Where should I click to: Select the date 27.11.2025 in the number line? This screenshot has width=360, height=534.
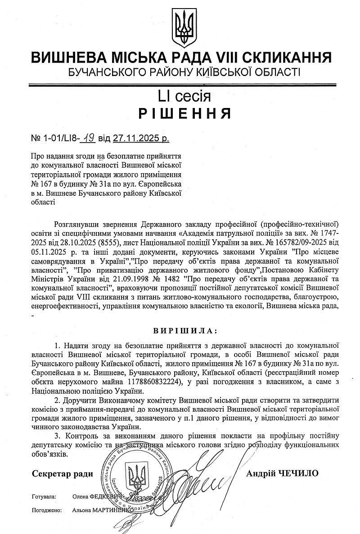click(134, 139)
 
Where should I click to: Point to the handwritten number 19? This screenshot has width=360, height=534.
click(87, 139)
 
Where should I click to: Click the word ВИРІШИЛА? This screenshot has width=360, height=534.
click(184, 331)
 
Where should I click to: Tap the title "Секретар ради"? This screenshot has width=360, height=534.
click(63, 473)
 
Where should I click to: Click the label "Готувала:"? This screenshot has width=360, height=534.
click(44, 497)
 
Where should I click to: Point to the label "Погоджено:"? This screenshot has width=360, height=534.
click(46, 511)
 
